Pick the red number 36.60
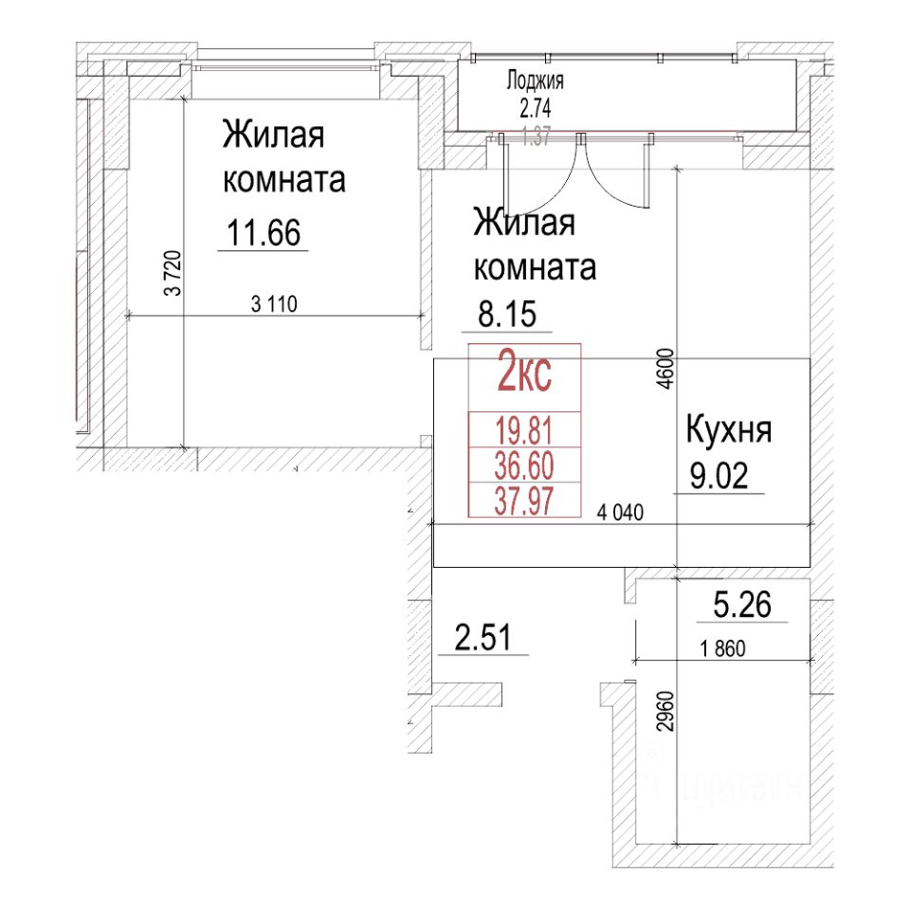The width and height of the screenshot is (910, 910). pos(525,465)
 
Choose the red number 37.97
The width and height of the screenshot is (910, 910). pos(525,500)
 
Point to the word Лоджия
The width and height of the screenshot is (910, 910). pos(536,82)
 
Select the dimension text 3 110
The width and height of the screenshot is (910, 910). pos(274,304)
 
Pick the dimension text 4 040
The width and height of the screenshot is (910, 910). pos(621,514)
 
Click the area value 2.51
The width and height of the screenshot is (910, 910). pos(482,639)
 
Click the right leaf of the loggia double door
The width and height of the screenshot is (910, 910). pos(616,171)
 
